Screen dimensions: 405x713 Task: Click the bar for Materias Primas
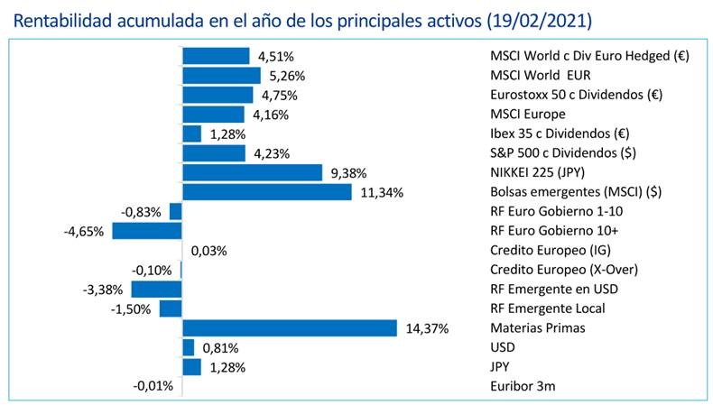click(290, 327)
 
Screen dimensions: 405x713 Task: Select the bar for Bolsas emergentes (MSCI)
click(267, 191)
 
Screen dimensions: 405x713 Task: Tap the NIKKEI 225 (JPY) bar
click(253, 172)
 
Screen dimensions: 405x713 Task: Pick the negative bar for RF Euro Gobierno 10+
click(146, 231)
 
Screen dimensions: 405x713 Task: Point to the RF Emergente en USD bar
click(156, 289)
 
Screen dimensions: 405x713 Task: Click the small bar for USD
click(189, 347)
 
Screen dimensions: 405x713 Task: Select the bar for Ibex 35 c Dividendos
click(192, 133)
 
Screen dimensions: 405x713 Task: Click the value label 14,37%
click(425, 328)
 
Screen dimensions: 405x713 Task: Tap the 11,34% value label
click(379, 192)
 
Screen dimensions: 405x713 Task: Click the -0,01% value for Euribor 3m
click(153, 387)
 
